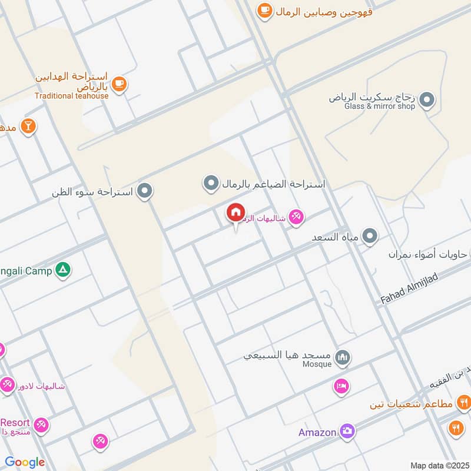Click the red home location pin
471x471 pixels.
click(x=236, y=213)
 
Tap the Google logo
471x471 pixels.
click(x=25, y=462)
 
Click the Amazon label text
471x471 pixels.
click(x=317, y=432)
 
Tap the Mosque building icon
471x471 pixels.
click(x=342, y=357)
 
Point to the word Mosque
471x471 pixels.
click(x=318, y=364)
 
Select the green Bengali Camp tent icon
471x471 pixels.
click(x=62, y=271)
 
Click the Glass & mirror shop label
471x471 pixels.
click(x=380, y=107)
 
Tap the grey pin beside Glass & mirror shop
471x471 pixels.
click(x=429, y=100)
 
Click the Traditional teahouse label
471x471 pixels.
click(x=71, y=96)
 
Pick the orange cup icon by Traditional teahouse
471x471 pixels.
click(x=120, y=84)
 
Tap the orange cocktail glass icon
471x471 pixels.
click(x=28, y=125)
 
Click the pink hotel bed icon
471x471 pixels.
click(x=341, y=386)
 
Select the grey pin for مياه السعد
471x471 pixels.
click(x=370, y=237)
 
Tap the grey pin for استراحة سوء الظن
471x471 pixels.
click(x=145, y=191)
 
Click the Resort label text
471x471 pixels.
click(x=14, y=423)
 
